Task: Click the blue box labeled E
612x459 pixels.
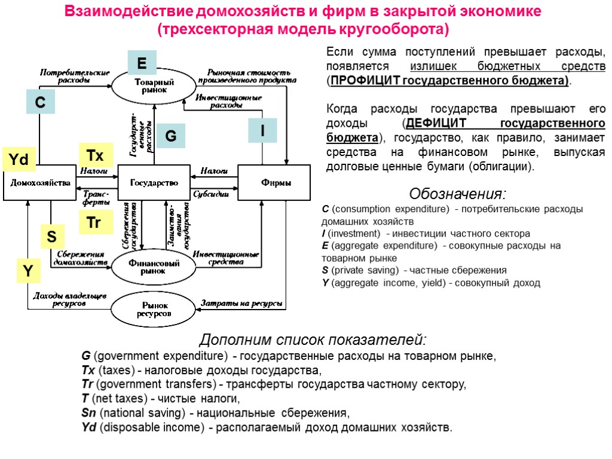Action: pos(142,63)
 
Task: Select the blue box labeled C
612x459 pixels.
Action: pos(40,102)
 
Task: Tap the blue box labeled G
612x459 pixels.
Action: pos(170,136)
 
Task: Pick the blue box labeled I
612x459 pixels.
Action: pos(263,130)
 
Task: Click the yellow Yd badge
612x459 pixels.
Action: pos(19,159)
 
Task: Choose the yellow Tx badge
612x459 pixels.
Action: pos(95,156)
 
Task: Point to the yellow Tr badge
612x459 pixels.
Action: pos(94,223)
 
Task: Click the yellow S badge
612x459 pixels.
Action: pos(53,237)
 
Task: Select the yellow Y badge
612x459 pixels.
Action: pos(28,271)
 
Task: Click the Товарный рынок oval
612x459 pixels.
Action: pos(154,86)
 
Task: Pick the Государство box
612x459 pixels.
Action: pos(154,182)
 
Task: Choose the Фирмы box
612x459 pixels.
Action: pos(275,182)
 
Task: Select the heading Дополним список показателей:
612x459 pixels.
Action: pos(313,340)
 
